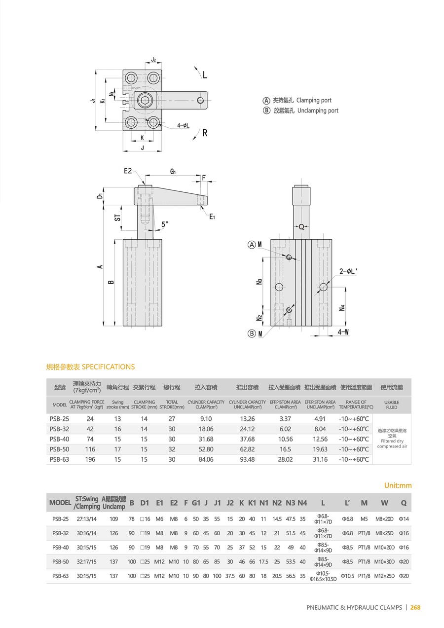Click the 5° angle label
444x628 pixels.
click(165, 224)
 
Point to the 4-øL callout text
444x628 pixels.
click(184, 125)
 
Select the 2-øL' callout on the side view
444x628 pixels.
click(348, 271)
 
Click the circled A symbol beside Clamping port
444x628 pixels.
click(266, 100)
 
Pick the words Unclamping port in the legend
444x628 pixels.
click(318, 111)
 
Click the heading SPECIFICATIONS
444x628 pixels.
click(108, 367)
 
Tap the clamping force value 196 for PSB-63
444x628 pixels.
click(90, 459)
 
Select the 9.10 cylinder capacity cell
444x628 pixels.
click(206, 419)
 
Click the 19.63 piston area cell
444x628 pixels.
click(320, 449)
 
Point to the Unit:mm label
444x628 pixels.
click(398, 485)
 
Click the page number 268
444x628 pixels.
click(415, 607)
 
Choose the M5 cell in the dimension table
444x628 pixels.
click(364, 519)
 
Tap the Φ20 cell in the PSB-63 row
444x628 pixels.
click(404, 576)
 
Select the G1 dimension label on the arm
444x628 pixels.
click(173, 172)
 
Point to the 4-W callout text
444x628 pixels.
click(344, 332)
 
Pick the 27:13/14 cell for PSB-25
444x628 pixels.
click(86, 519)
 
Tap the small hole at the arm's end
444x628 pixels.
click(200, 100)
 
